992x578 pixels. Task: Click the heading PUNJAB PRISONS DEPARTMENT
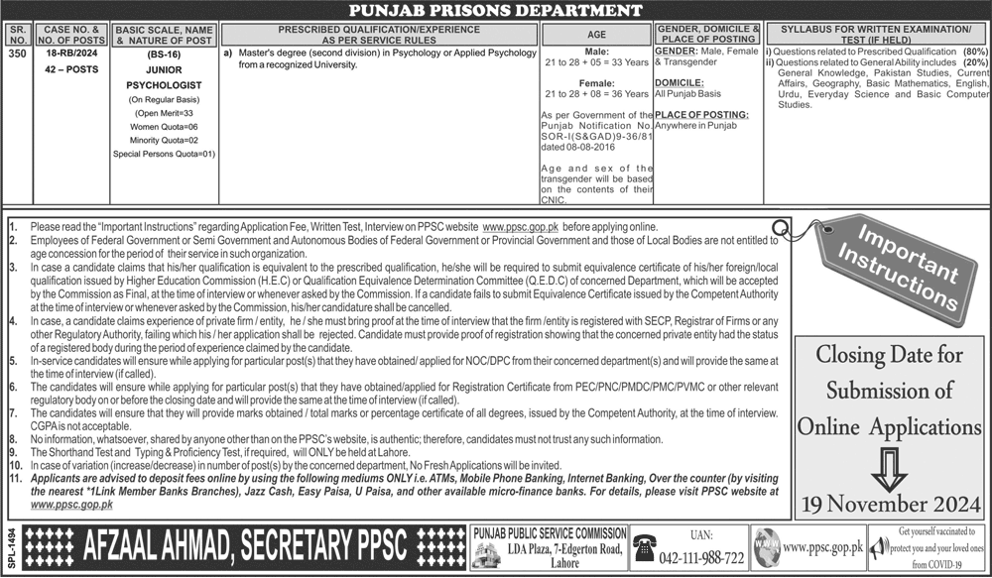point(496,11)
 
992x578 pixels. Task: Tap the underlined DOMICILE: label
point(680,82)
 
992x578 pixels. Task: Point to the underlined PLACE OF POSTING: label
point(701,115)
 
